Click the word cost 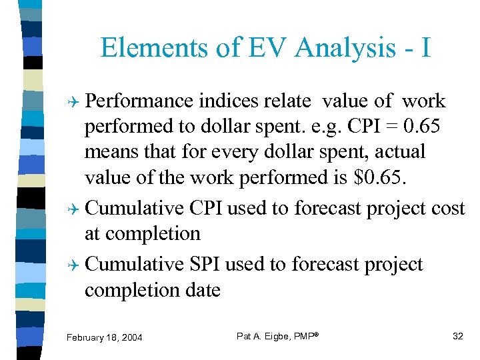447,208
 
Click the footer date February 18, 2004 105,338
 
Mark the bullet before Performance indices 77,101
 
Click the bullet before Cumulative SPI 77,265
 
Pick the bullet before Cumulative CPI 77,209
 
